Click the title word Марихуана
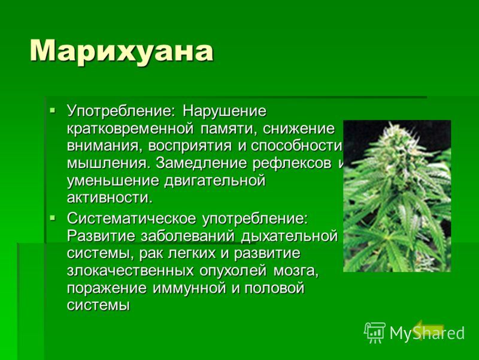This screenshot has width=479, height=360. point(122,52)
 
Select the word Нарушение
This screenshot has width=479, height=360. point(225,110)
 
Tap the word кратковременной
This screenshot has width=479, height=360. point(130,129)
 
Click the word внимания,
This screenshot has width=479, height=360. point(104,146)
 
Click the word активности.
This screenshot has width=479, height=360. point(110,198)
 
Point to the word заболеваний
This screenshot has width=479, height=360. point(187,236)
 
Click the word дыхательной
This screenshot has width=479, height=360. point(289,236)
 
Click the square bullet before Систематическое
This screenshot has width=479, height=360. point(53,218)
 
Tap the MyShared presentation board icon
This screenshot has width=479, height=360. point(374,333)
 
